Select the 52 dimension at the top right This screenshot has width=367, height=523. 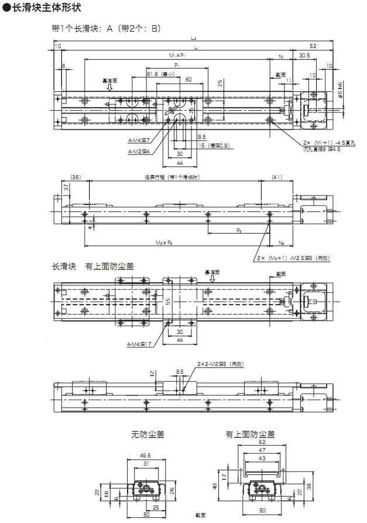pyautogui.click(x=313, y=46)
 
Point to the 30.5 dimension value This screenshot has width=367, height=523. pyautogui.click(x=304, y=56)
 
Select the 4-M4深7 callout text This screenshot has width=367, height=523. pyautogui.click(x=140, y=141)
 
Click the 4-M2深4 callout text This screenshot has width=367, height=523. pyautogui.click(x=140, y=151)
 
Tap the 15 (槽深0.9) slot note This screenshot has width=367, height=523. pyautogui.click(x=214, y=145)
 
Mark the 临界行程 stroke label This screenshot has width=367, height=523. pyautogui.click(x=172, y=177)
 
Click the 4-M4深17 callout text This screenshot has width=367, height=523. pyautogui.click(x=139, y=344)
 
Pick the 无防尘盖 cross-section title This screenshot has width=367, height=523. pyautogui.click(x=148, y=435)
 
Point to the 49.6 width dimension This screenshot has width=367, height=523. pyautogui.click(x=146, y=455)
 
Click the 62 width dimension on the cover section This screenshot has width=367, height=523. pyautogui.click(x=262, y=443)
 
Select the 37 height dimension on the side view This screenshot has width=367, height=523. pyautogui.click(x=67, y=187)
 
